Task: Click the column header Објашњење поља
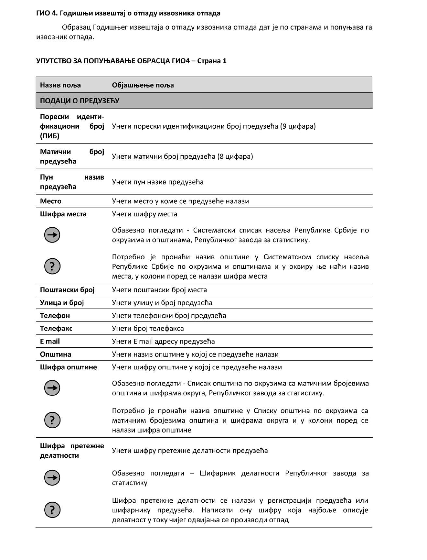(x=143, y=85)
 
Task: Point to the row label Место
(x=51, y=201)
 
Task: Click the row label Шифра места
(x=63, y=214)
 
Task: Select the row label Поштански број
(x=67, y=290)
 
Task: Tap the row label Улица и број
(x=62, y=303)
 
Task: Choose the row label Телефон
(x=55, y=316)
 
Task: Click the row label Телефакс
(x=56, y=329)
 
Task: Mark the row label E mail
(x=50, y=342)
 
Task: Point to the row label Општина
(x=56, y=354)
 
